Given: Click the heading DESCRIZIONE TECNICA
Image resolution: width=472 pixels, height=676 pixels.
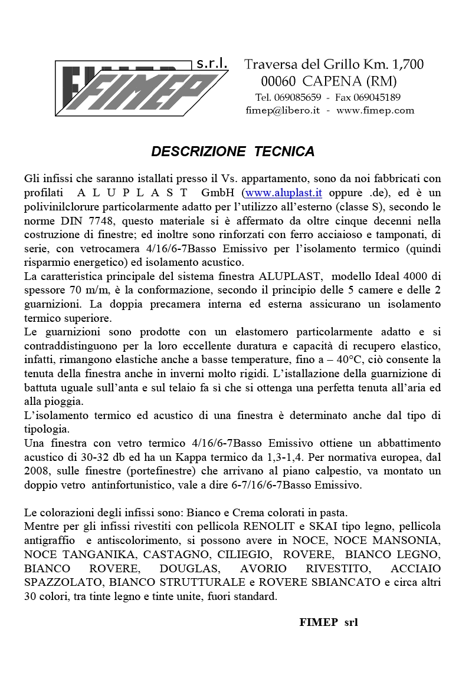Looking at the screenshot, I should coord(233,151).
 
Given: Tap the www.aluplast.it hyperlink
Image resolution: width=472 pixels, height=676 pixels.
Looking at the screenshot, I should coord(283,192).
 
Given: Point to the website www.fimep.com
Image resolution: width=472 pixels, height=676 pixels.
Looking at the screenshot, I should coord(375,110).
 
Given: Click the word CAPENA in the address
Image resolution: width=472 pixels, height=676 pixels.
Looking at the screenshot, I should coord(332,81).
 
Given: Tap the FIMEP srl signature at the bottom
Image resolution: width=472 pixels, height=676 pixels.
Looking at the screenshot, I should coord(329,622).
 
